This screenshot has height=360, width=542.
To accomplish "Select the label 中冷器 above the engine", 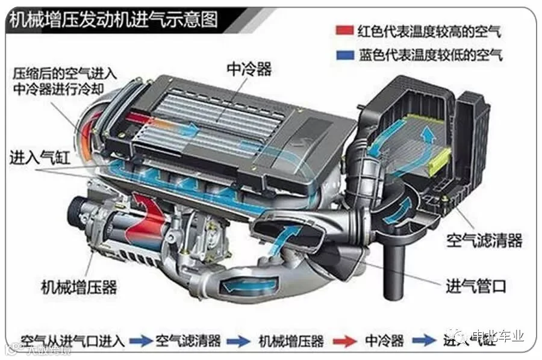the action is pos(249,69).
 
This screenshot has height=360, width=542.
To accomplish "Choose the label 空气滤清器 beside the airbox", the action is pos(484,241).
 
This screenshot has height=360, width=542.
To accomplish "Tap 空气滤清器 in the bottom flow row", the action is pos(188,340).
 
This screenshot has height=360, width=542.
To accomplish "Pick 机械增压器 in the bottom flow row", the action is pos(291,340).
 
